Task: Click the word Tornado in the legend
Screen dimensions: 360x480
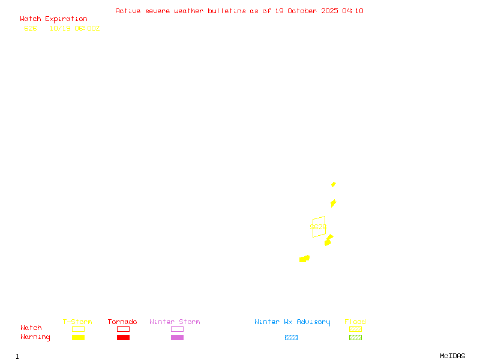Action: (122, 322)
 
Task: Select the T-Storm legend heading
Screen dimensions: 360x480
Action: (77, 322)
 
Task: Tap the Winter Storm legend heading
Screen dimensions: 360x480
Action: (175, 322)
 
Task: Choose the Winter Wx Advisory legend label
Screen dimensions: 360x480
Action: (292, 322)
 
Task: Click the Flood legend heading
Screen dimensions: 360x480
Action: (355, 322)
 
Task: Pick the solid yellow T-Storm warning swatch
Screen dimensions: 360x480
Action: (78, 338)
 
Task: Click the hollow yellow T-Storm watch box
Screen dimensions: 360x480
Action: (78, 329)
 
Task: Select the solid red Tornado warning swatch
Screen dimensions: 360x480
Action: (123, 338)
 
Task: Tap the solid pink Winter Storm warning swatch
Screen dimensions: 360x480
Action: (177, 338)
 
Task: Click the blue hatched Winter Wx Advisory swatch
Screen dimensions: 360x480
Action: (291, 338)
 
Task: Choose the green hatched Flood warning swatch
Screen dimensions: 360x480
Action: (355, 338)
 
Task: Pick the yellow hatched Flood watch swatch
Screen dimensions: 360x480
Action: (355, 329)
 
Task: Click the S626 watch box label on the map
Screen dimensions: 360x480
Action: (318, 227)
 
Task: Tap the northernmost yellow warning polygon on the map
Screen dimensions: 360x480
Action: (334, 184)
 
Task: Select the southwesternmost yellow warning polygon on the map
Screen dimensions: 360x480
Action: (304, 259)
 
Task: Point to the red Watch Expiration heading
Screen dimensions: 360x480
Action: (53, 19)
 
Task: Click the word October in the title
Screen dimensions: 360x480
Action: (306, 11)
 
